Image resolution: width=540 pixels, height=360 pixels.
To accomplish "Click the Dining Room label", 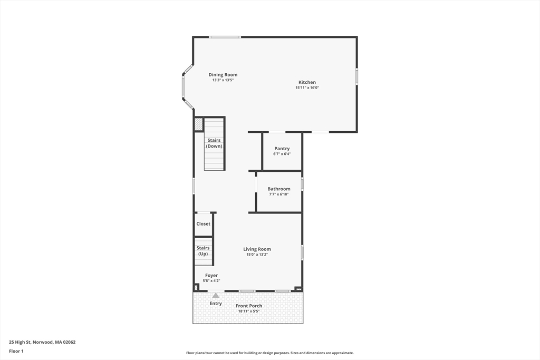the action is pyautogui.click(x=223, y=75).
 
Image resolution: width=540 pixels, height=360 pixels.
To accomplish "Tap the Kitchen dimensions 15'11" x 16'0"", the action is pyautogui.click(x=307, y=88).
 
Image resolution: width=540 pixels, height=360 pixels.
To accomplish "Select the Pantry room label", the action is pyautogui.click(x=282, y=149).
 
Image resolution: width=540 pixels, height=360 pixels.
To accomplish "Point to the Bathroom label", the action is pyautogui.click(x=279, y=189).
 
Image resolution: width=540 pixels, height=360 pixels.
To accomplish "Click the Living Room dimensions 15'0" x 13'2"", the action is pyautogui.click(x=257, y=255).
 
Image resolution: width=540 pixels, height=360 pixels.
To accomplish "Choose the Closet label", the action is pyautogui.click(x=203, y=223).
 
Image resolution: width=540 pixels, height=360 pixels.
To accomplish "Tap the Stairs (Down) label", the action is pyautogui.click(x=214, y=143).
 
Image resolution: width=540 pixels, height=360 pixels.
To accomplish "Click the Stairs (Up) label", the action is pyautogui.click(x=203, y=251).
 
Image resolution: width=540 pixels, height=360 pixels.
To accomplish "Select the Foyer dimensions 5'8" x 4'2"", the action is pyautogui.click(x=211, y=281).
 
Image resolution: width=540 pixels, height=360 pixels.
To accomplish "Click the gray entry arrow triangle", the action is pyautogui.click(x=216, y=295).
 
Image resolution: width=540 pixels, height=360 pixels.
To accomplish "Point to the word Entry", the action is pyautogui.click(x=216, y=304).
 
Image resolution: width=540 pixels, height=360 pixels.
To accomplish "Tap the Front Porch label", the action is pyautogui.click(x=249, y=306).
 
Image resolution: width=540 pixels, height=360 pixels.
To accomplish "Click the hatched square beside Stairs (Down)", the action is pyautogui.click(x=199, y=124).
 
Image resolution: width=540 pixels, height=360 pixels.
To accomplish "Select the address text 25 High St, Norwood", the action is pyautogui.click(x=31, y=342).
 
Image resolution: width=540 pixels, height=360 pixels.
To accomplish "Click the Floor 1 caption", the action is pyautogui.click(x=16, y=352).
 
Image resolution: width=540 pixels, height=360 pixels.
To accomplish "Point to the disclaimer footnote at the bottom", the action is pyautogui.click(x=270, y=353).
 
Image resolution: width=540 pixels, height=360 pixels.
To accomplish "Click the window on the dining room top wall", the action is pyautogui.click(x=225, y=37).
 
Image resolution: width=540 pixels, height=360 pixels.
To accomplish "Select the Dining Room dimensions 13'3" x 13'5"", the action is pyautogui.click(x=223, y=80).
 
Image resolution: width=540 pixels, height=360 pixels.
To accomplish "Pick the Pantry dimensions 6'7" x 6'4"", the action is pyautogui.click(x=282, y=154).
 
